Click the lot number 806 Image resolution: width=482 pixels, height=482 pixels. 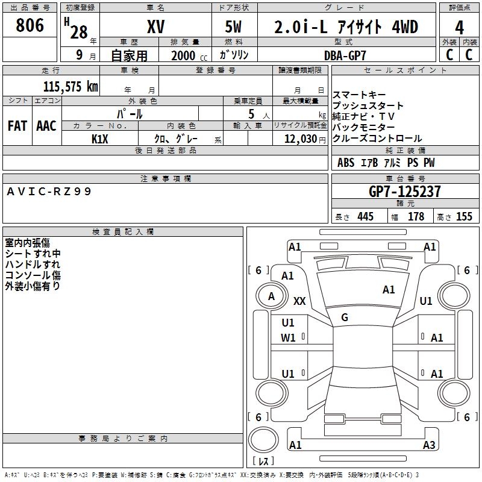[30, 26]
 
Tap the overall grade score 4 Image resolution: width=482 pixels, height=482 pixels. [459, 27]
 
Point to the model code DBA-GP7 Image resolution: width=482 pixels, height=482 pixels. [344, 55]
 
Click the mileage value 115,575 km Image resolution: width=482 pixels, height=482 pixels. [70, 86]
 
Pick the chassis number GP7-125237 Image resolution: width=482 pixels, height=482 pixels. [405, 192]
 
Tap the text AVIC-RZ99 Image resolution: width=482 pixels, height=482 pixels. [49, 191]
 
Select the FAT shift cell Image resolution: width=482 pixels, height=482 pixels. [17, 126]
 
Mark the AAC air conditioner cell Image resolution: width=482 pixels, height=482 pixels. [46, 126]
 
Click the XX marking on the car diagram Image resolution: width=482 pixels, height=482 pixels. [299, 301]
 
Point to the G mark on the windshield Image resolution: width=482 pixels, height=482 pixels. [345, 318]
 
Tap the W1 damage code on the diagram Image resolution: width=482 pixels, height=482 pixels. [288, 338]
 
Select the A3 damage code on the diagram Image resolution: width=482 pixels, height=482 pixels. [429, 445]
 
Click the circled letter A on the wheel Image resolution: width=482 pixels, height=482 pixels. [271, 296]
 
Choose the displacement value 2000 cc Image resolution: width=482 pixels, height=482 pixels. [186, 55]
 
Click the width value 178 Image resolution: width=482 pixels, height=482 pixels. [416, 217]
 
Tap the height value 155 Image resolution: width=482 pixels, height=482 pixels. [464, 217]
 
